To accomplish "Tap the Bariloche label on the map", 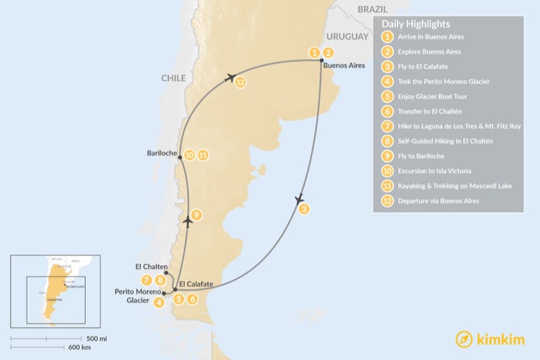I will (x=162, y=154).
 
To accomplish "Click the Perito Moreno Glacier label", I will (x=138, y=296).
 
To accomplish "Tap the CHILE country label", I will (x=173, y=78).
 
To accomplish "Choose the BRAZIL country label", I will (x=373, y=10).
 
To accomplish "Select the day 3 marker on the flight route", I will (x=304, y=209).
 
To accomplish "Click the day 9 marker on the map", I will (x=196, y=215).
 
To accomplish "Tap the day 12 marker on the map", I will (x=240, y=82).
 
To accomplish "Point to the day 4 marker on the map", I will (x=159, y=303).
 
